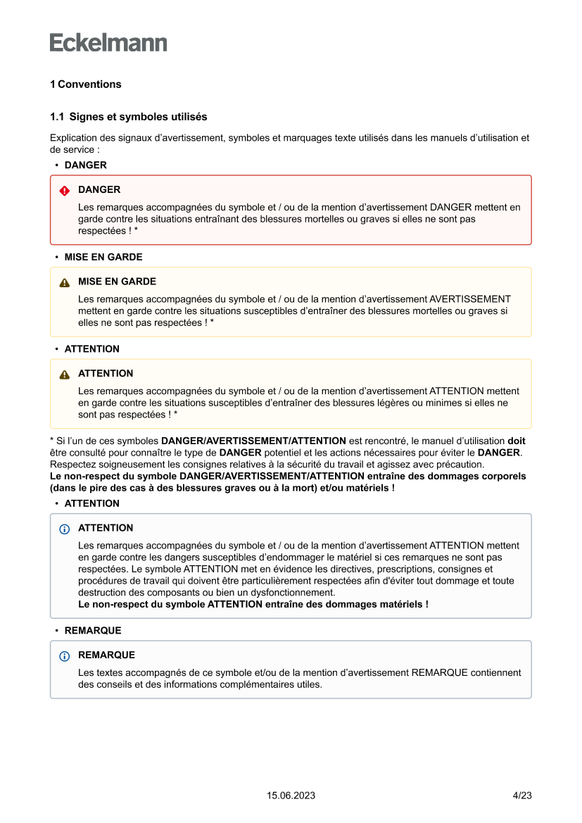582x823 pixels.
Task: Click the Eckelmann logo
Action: click(108, 43)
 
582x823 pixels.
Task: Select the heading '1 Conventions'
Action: click(85, 84)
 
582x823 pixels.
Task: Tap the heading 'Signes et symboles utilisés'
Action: click(138, 116)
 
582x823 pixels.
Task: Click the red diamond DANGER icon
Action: click(65, 191)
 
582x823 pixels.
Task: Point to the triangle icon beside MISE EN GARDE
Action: click(65, 282)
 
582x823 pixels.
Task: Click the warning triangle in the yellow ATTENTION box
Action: click(65, 375)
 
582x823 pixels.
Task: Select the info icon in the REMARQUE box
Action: click(65, 656)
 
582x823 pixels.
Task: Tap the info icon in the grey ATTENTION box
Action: click(65, 529)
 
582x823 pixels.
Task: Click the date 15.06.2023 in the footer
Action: click(291, 796)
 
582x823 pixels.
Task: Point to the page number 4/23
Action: click(521, 796)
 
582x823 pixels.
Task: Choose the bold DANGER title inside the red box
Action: click(99, 190)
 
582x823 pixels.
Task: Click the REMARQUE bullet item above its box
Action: click(93, 631)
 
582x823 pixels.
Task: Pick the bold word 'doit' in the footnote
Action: click(516, 441)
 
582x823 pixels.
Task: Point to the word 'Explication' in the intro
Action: click(74, 138)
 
